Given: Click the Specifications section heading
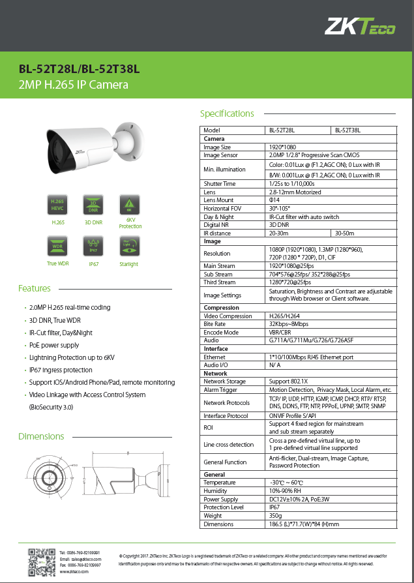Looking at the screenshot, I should (x=227, y=113).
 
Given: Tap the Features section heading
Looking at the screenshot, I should (x=35, y=288).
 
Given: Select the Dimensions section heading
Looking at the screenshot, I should (x=40, y=436).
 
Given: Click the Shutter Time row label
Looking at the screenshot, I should (x=220, y=184).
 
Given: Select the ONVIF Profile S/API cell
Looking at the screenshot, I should (x=293, y=415).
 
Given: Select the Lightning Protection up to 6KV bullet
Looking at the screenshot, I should (x=72, y=357).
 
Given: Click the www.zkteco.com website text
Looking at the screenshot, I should (x=74, y=571).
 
